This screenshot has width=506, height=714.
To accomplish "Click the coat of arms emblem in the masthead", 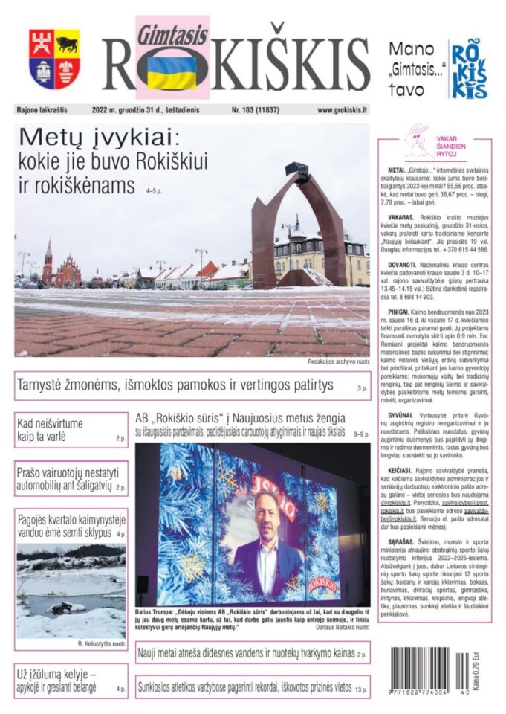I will click(55, 59).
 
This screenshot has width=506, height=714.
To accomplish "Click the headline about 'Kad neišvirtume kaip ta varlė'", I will click(52, 430).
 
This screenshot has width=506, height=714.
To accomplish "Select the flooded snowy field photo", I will click(71, 591).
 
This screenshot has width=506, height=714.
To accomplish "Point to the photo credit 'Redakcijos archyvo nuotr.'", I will click(337, 362).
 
